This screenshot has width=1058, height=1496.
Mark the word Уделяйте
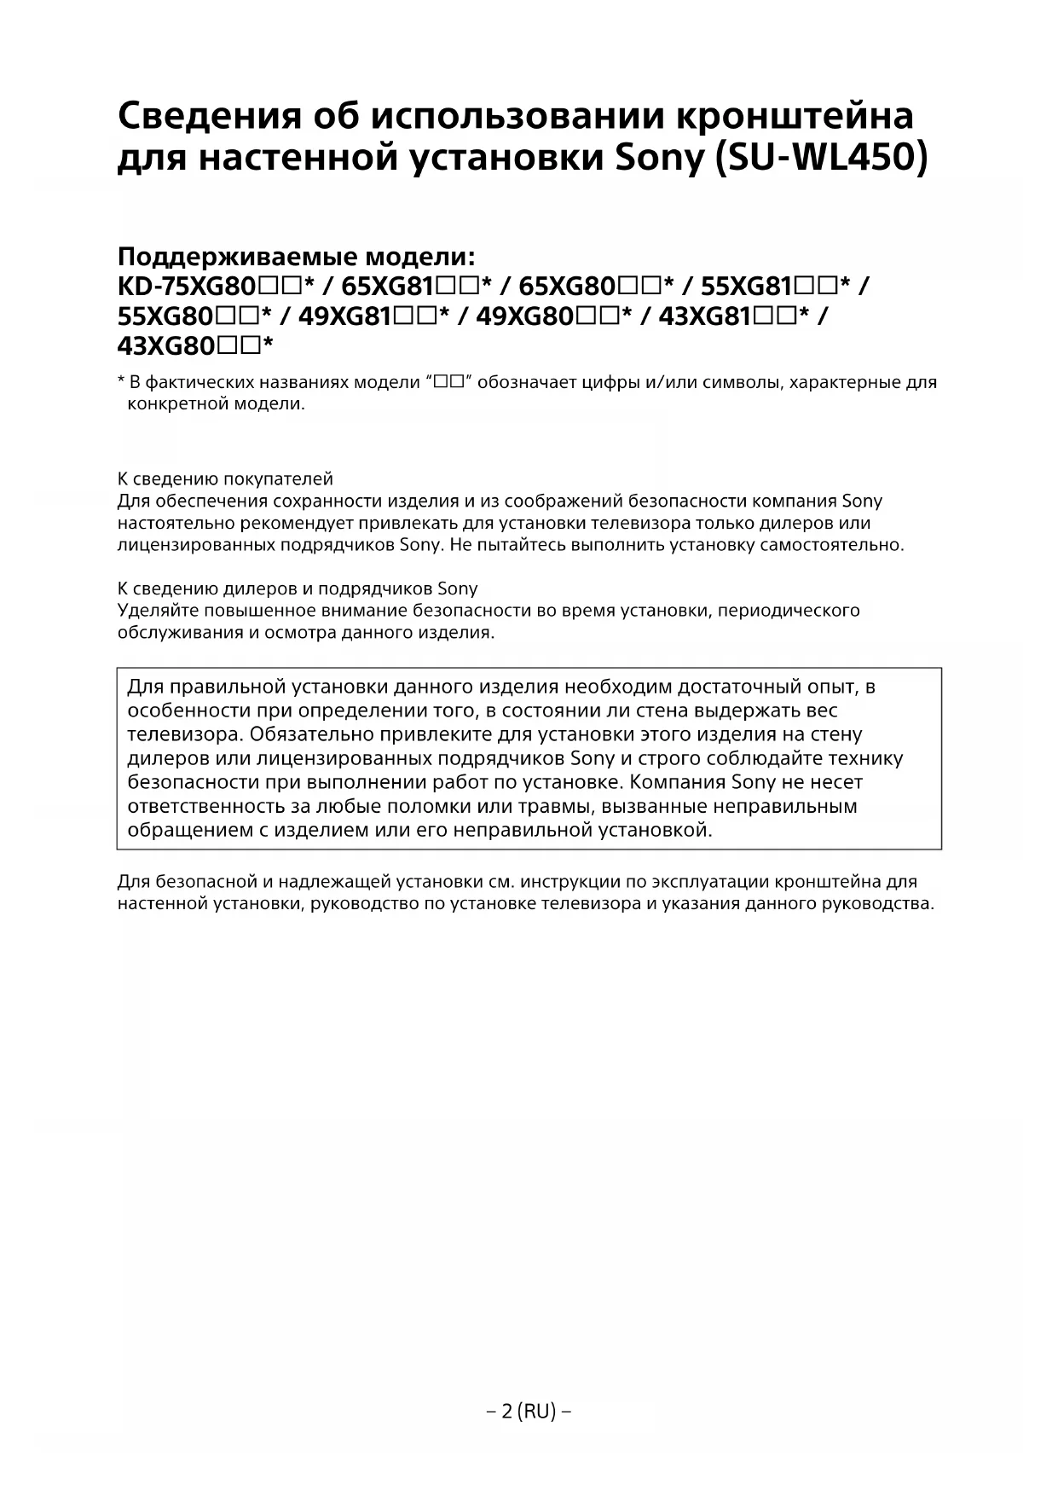click(151, 611)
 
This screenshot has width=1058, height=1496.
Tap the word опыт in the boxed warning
click(835, 687)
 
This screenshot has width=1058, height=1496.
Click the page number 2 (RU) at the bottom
click(529, 1412)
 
